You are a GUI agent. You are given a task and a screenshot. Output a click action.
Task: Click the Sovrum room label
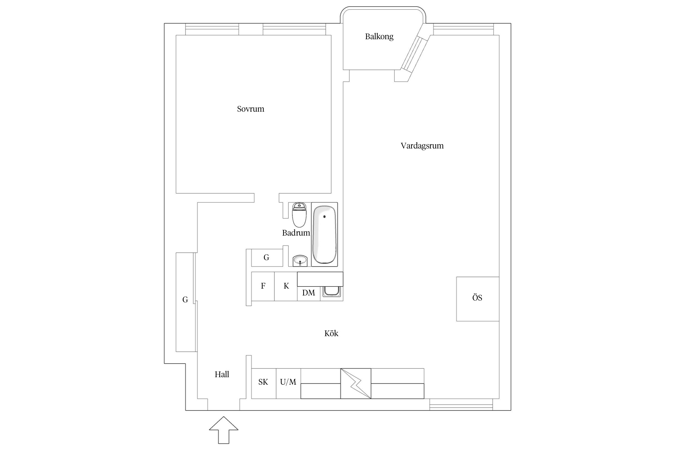[x=250, y=109]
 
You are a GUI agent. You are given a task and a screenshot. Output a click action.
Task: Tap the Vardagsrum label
[x=422, y=146]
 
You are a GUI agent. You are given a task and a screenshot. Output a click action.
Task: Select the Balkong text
[x=379, y=37]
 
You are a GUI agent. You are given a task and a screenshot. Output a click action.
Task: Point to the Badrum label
[x=296, y=233]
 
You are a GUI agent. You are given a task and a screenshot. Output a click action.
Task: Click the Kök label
[x=331, y=333]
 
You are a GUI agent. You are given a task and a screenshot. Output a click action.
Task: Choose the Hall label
[x=222, y=374]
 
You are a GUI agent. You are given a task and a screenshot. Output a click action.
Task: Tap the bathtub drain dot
[x=324, y=216]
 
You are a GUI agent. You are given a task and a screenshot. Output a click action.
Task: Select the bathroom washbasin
[x=300, y=260]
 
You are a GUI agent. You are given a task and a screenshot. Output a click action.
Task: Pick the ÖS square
[x=477, y=299]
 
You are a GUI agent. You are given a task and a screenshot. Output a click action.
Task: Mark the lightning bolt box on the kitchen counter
[x=356, y=383]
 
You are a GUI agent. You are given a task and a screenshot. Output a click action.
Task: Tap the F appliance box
[x=263, y=286]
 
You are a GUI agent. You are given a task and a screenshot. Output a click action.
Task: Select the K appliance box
[x=286, y=286]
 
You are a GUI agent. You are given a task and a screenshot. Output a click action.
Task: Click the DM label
[x=308, y=293]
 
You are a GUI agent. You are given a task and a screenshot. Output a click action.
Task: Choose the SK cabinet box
[x=263, y=383]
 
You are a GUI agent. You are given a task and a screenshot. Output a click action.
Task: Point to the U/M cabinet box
[x=288, y=383]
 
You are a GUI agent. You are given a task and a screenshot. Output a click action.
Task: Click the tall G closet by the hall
[x=185, y=302]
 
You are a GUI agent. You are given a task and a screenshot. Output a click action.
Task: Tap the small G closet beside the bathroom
[x=266, y=257]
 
